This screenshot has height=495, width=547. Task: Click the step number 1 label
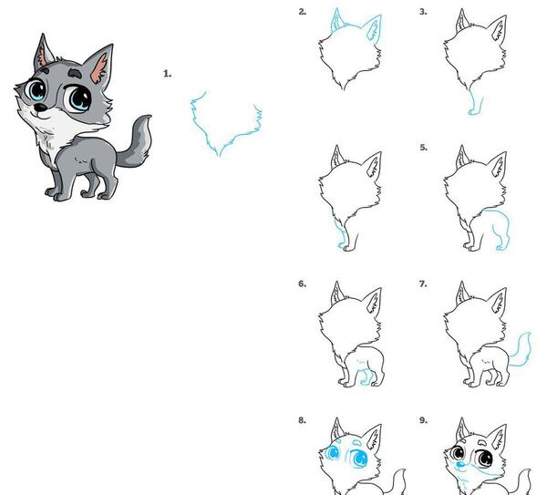pos(168,74)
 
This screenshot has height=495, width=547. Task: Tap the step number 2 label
pos(303,12)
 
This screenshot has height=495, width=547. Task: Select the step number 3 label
pos(423,12)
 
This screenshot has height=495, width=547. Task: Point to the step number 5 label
pos(424,148)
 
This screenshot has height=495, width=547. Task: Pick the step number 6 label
pos(303,284)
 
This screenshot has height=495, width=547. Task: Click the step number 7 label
pos(423,284)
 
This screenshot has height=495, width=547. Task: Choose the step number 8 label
pos(303,420)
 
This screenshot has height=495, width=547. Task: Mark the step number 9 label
pos(423,420)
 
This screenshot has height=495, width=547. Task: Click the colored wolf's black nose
pos(41,108)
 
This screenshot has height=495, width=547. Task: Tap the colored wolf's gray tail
pos(138,143)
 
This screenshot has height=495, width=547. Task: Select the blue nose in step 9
pos(460,464)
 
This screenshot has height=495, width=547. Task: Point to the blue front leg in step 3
pos(474,103)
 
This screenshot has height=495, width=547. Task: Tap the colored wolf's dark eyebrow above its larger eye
pos(75,72)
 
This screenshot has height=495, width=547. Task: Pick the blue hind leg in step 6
pos(366,377)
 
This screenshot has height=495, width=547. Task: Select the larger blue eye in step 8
pos(359,458)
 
